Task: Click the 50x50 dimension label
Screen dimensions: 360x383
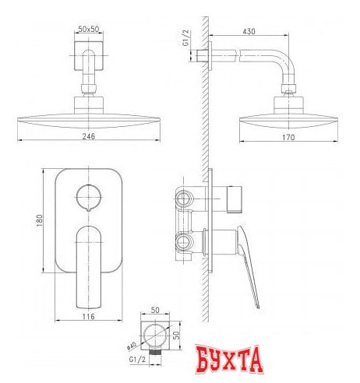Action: (89, 29)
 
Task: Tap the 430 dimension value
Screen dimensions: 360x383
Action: (249, 31)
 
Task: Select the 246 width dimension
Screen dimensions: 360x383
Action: (89, 136)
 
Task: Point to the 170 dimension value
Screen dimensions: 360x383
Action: (288, 137)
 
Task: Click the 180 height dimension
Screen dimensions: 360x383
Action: (39, 220)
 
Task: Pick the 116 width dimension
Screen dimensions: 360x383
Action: (89, 316)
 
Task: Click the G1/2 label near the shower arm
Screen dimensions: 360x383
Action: (186, 38)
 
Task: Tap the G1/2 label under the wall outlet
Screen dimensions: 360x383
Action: (138, 360)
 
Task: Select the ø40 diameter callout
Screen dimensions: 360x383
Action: (132, 346)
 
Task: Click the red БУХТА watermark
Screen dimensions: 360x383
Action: (229, 360)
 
